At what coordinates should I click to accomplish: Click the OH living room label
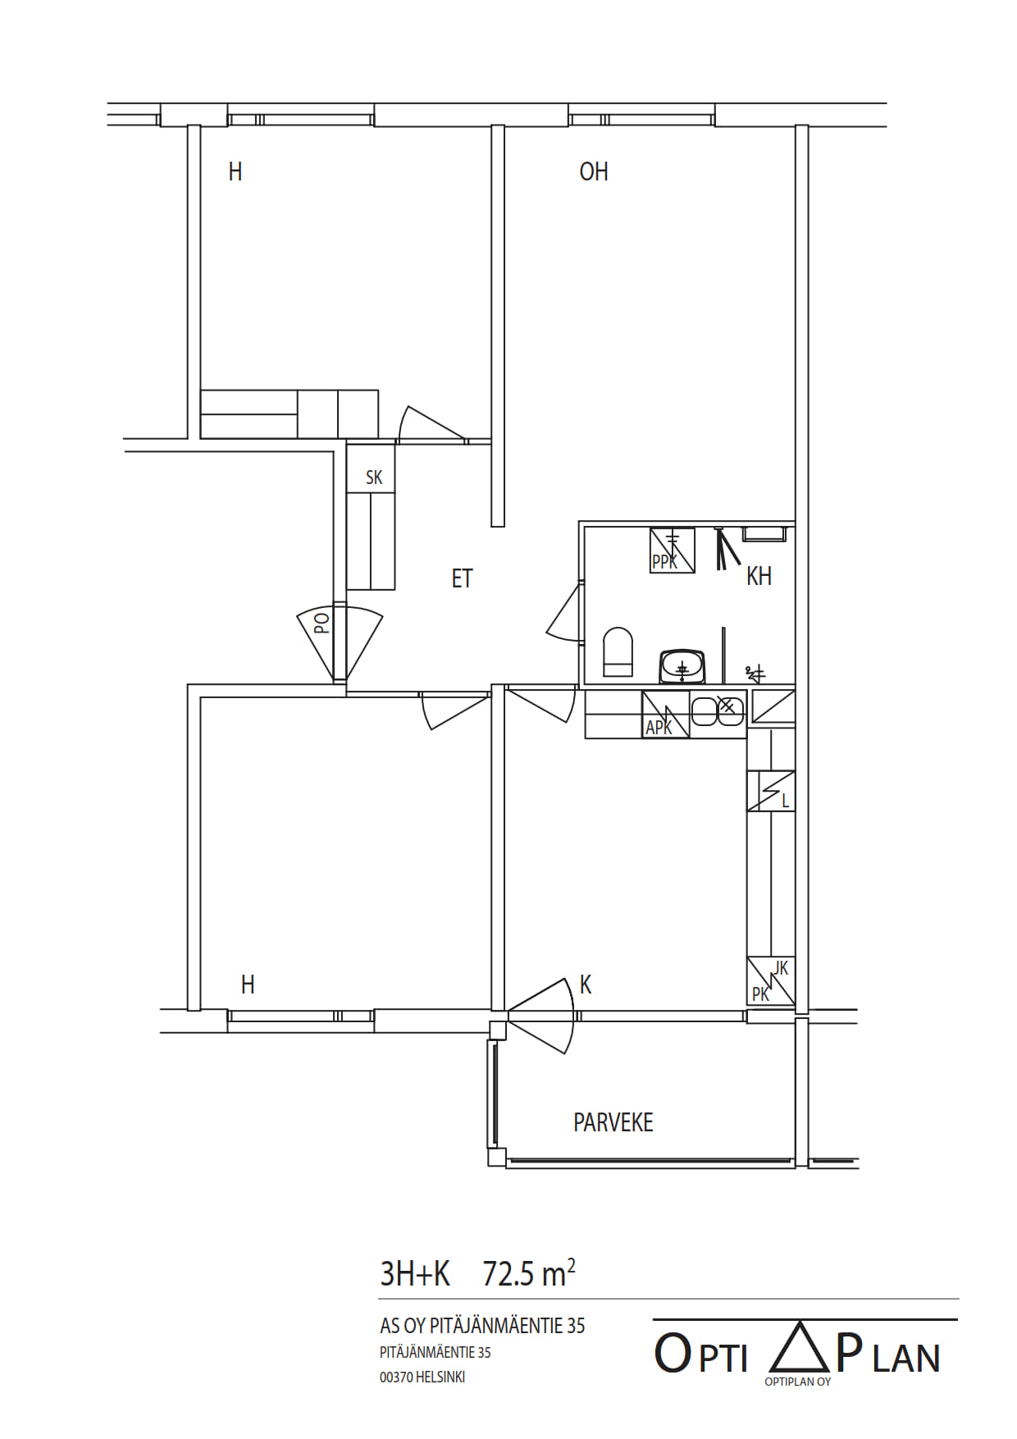594,171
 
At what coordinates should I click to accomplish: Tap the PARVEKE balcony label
613,1122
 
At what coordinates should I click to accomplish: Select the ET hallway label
462,578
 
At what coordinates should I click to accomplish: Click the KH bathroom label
759,576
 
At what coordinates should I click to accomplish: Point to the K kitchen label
586,984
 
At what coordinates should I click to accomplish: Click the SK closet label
374,477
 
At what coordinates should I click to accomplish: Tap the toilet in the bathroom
618,652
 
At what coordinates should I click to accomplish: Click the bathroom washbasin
682,666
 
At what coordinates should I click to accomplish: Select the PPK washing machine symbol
673,550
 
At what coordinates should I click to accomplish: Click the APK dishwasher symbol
665,715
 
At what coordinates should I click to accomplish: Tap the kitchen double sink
718,710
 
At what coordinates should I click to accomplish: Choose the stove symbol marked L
771,791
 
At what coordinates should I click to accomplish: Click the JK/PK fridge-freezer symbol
771,981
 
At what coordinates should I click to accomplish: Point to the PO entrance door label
322,624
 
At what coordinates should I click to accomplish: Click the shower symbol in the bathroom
725,548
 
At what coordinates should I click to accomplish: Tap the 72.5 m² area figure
529,1273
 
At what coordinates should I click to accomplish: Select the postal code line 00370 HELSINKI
422,1377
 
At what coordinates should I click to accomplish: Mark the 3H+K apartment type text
415,1273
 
